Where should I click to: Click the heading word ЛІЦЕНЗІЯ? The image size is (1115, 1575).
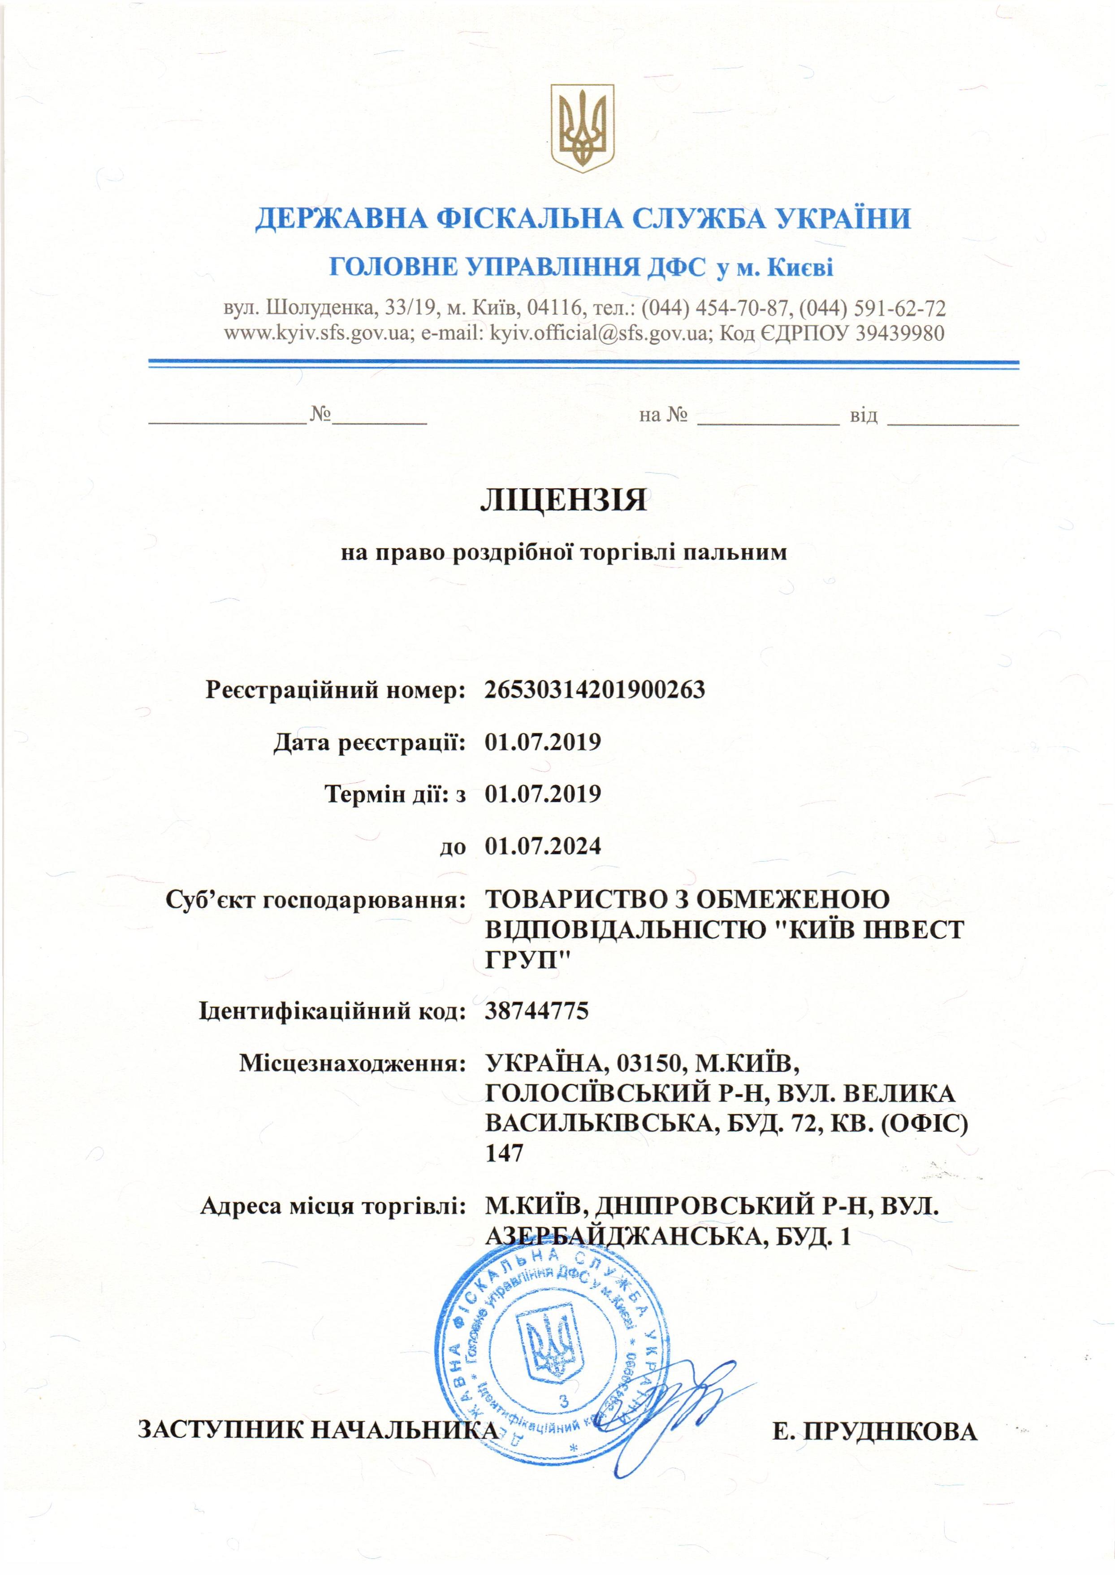tap(562, 500)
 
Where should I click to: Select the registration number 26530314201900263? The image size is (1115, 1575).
tap(595, 689)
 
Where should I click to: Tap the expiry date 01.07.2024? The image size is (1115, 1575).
tap(542, 846)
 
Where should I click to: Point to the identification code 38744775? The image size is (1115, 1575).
tap(537, 1011)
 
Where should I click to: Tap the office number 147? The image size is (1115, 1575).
tap(505, 1152)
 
